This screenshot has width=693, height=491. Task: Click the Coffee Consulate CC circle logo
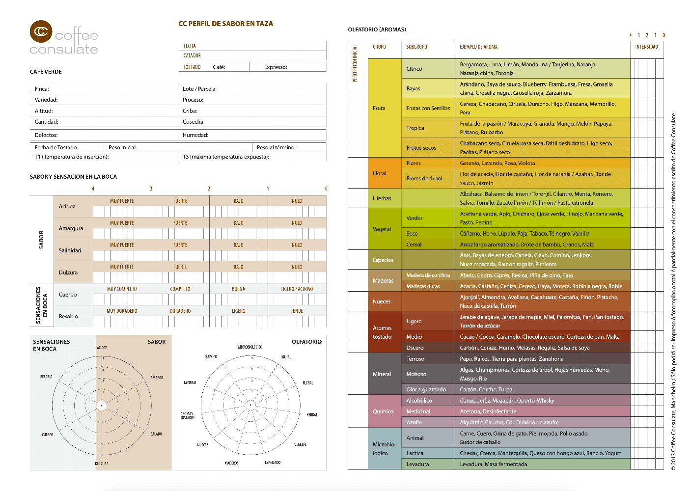(x=41, y=32)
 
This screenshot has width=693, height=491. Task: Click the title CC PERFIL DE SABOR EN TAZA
(x=225, y=24)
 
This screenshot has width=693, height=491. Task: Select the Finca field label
(x=42, y=89)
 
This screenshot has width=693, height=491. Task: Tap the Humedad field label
(x=195, y=135)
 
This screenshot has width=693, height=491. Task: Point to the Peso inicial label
(x=123, y=147)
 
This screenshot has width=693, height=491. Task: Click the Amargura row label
(x=71, y=228)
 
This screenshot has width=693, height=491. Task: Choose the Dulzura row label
(x=68, y=273)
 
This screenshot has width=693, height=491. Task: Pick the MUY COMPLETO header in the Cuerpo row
(x=122, y=289)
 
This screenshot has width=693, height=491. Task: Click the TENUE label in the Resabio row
(x=297, y=311)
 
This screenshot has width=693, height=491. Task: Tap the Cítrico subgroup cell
(x=414, y=69)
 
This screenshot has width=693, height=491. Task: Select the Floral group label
(x=380, y=173)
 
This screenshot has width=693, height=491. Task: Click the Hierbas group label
(x=382, y=198)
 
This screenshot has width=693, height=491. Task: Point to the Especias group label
(x=383, y=260)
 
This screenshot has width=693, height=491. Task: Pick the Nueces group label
(x=382, y=301)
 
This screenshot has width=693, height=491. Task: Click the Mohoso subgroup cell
(x=416, y=374)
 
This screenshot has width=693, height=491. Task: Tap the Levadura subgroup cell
(x=417, y=464)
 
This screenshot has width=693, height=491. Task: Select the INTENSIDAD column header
(x=646, y=47)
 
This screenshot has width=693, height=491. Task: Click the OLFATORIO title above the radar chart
(x=306, y=342)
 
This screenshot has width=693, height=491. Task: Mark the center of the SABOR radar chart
(x=102, y=406)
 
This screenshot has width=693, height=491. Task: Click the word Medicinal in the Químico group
(x=418, y=411)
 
